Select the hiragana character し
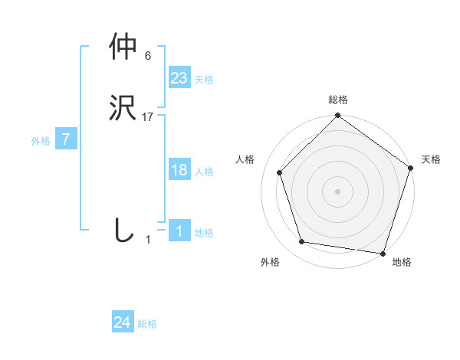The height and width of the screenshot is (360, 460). pos(123,230)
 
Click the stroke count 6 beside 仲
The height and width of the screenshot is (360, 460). pos(148,56)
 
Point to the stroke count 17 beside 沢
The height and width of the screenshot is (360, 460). pos(148,117)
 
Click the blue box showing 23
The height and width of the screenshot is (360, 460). pos(179,78)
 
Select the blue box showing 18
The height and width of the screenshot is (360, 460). pos(179,170)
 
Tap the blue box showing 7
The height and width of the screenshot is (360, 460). pos(66,139)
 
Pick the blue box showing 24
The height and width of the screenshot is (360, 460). pos(123,323)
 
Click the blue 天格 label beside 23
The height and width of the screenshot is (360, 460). pos(204,80)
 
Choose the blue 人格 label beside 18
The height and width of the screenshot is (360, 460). pos(204,172)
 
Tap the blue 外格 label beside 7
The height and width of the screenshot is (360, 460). pos(41,141)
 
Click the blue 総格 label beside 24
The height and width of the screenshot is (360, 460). pos(147,325)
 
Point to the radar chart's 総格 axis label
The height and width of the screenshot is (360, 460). pos(337,100)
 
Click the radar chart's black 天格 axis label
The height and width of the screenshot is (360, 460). pos(431,159)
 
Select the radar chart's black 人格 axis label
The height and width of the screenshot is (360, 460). pos(245,159)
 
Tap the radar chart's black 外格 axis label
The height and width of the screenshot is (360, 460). pos(270,262)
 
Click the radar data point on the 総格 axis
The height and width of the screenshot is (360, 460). pos(337,116)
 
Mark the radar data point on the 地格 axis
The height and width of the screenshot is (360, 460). pos(383,253)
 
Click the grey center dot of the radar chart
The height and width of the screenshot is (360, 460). pos(337,191)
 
